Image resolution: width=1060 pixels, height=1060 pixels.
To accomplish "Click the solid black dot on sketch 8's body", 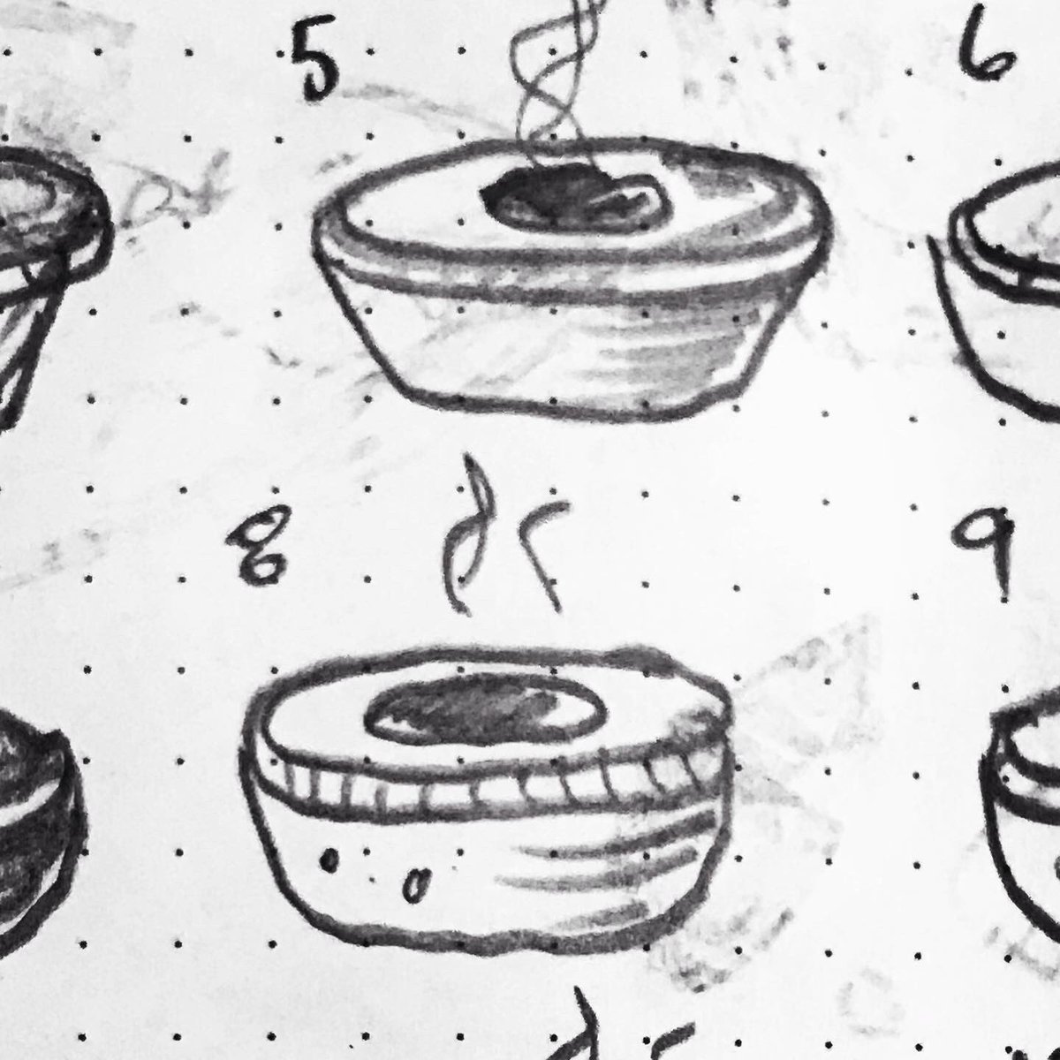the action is click(x=329, y=859).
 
